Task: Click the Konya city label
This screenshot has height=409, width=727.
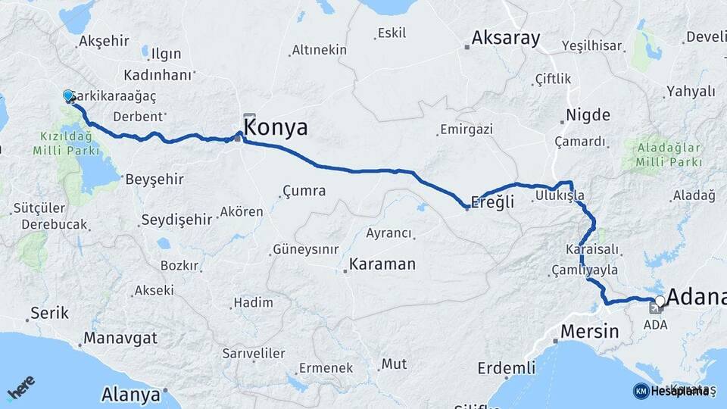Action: click(x=276, y=127)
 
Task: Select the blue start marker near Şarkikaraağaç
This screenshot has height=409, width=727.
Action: click(x=68, y=95)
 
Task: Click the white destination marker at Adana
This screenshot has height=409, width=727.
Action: click(x=660, y=301)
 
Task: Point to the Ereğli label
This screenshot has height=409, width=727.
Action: click(x=492, y=202)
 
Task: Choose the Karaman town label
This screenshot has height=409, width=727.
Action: click(x=382, y=264)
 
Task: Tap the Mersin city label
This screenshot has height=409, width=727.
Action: click(x=589, y=331)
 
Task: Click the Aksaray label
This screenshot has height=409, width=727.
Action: click(x=505, y=38)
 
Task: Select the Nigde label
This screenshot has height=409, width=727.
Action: click(x=587, y=116)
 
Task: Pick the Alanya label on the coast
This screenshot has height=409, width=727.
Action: click(x=130, y=395)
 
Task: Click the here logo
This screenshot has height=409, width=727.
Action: click(x=20, y=388)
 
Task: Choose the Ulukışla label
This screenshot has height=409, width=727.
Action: click(x=560, y=195)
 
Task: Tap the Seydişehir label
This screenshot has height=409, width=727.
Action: click(x=176, y=220)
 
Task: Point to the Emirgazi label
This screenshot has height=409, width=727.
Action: click(x=468, y=130)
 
